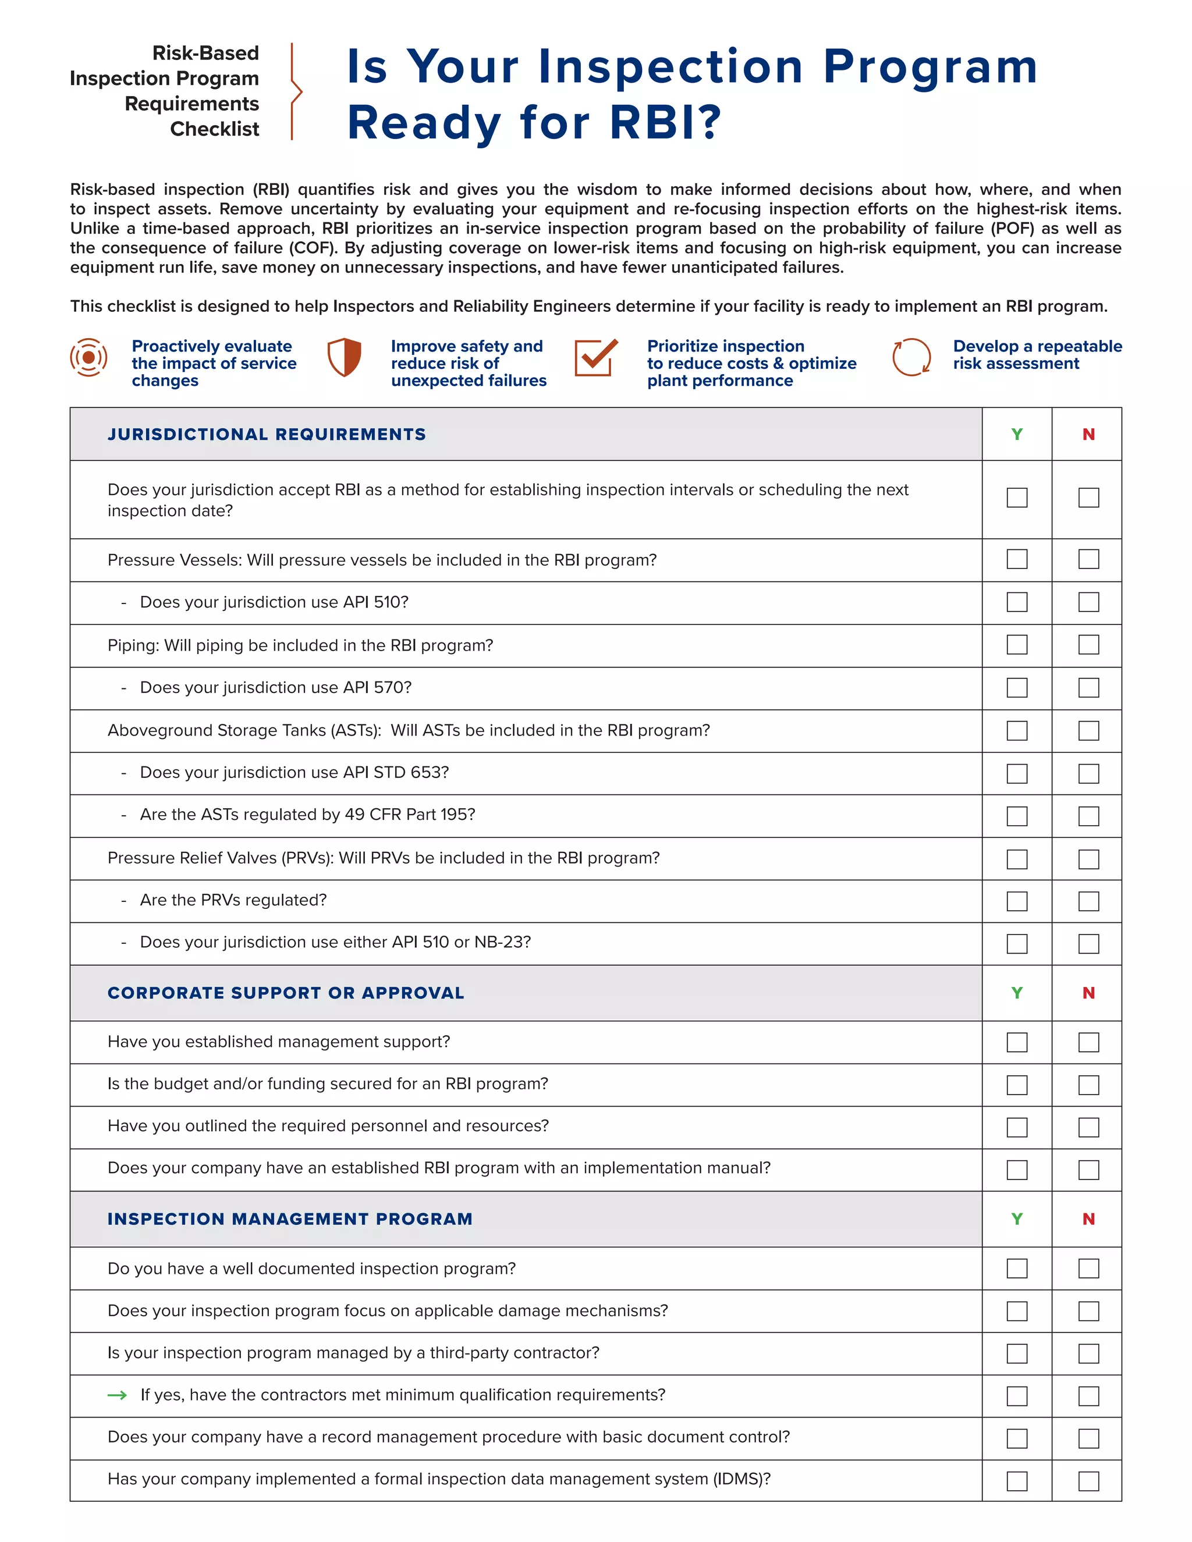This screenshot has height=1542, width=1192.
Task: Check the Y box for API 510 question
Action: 1016,602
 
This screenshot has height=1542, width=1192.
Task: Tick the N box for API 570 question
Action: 1088,687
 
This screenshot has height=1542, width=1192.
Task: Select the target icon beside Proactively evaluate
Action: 89,357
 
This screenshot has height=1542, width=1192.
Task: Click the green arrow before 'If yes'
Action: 117,1395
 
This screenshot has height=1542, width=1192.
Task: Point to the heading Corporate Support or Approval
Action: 285,993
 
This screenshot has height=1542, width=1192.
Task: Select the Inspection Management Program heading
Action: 289,1218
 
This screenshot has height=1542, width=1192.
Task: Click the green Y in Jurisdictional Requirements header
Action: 1016,434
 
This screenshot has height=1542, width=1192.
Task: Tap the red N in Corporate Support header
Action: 1088,993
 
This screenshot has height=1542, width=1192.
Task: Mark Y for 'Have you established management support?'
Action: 1016,1042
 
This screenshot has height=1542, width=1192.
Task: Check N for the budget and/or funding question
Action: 1088,1085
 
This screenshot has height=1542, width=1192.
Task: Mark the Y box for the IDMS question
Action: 1016,1480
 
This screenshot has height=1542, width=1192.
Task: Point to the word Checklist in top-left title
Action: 214,129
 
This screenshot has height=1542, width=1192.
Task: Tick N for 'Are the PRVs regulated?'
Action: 1088,901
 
